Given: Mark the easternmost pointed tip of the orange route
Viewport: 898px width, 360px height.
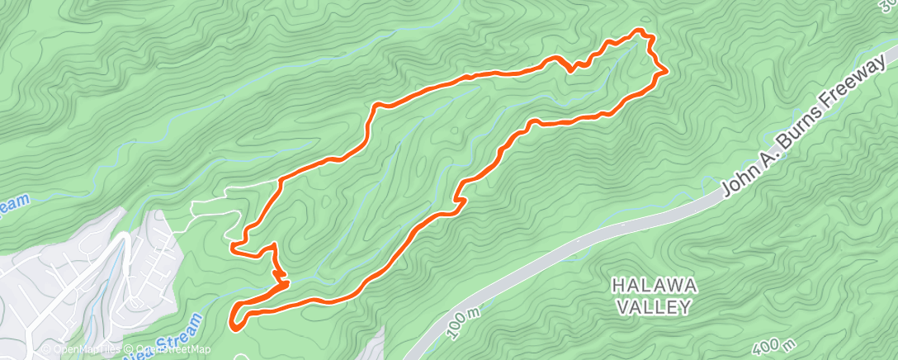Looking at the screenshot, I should click(x=665, y=73).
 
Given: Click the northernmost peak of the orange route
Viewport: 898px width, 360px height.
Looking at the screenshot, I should click(x=639, y=31).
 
